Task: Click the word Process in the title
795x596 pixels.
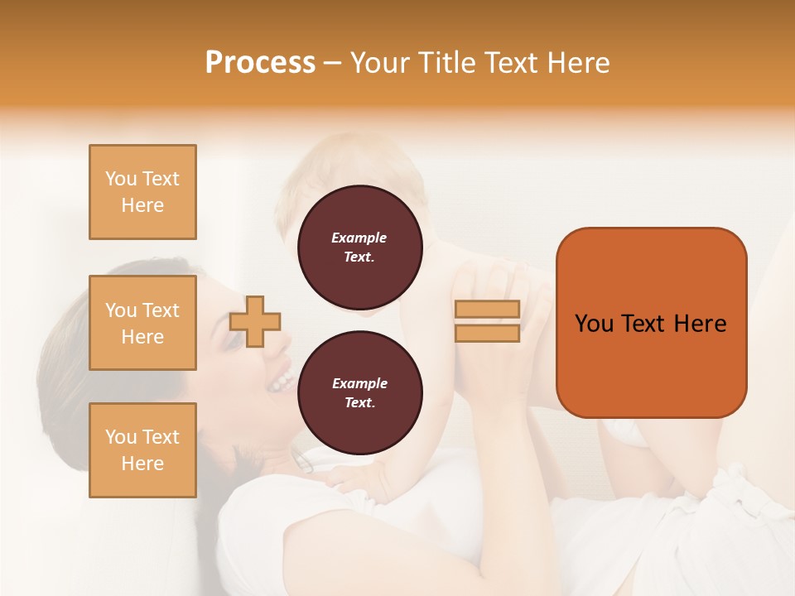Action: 260,63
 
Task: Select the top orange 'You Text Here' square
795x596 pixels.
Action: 142,192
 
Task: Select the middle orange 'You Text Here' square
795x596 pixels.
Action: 142,323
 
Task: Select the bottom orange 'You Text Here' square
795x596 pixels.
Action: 142,450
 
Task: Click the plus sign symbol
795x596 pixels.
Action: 255,321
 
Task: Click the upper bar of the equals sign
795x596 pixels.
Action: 487,309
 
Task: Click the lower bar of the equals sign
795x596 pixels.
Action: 487,334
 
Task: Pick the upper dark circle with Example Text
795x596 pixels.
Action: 359,248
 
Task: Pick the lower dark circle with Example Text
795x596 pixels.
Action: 359,393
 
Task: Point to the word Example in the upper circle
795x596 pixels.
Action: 359,238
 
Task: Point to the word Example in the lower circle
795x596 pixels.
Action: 359,383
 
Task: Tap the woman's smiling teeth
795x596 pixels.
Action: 282,382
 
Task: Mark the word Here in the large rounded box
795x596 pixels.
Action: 700,324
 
